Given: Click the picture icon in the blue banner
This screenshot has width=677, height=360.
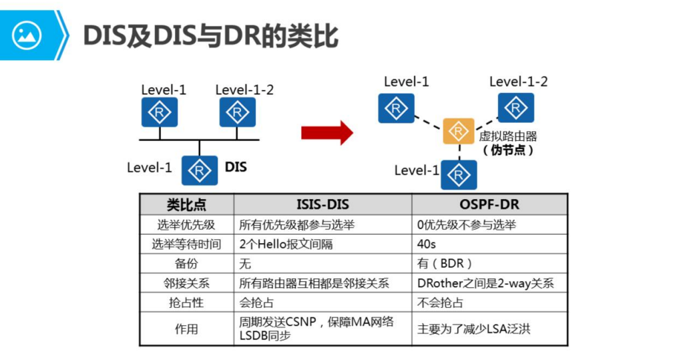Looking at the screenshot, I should (27, 35).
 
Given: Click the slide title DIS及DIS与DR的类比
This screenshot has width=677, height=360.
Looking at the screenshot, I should (210, 35).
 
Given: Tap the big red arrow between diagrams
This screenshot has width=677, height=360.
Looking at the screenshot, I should (326, 132).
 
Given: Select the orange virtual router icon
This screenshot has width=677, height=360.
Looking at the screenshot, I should (459, 132).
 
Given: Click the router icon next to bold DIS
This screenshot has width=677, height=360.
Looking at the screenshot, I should (199, 170).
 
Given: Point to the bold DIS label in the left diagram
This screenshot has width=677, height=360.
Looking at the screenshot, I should (236, 167).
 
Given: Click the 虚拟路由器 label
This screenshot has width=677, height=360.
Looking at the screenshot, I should (508, 136).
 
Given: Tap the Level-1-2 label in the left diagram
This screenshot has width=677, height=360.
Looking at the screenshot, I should (244, 89).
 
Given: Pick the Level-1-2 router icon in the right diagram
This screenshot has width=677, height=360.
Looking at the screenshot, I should (515, 108).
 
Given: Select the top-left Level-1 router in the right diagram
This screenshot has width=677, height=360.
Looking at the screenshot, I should (396, 108).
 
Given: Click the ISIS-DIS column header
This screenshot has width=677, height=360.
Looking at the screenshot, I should (322, 204).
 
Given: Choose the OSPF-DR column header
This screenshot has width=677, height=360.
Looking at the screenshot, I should (489, 204).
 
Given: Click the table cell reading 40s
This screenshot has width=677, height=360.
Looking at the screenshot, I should (427, 244).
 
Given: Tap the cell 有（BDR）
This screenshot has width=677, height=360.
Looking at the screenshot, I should (445, 264).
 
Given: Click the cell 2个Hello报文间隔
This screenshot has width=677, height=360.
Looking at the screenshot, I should (286, 244).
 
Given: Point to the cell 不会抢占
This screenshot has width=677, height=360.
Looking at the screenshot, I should (440, 303).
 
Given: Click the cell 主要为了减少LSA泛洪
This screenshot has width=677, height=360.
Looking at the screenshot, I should (473, 329).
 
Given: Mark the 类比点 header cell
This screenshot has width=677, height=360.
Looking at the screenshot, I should (186, 204).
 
